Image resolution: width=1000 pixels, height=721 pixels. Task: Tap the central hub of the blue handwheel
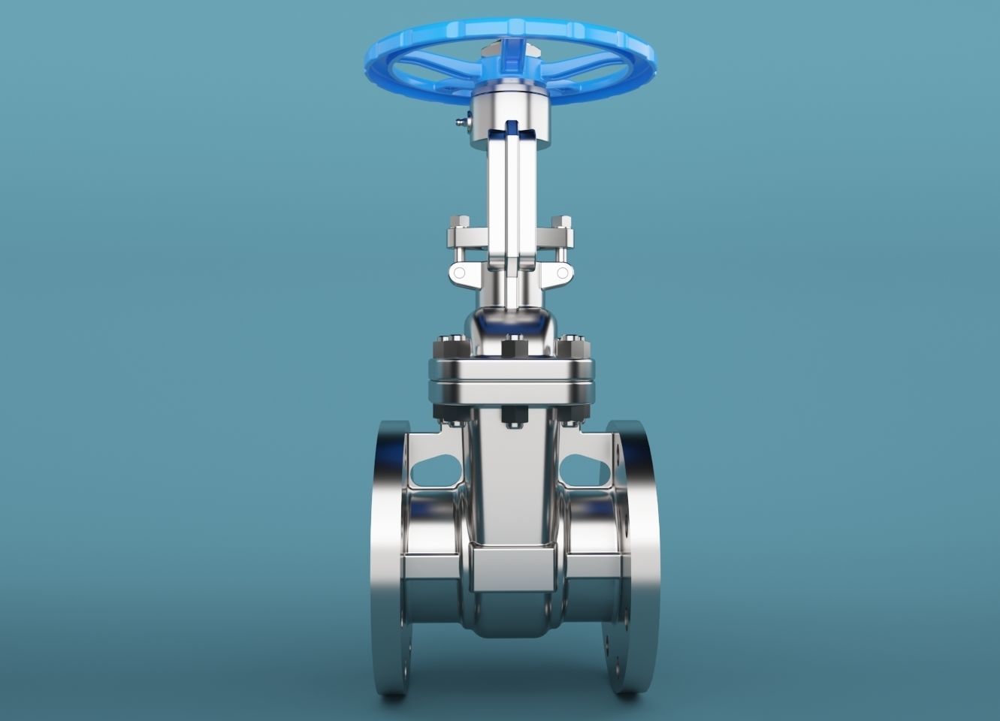511,51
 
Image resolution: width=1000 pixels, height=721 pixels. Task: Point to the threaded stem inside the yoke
512,210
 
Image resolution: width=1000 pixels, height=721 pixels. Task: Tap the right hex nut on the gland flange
561,222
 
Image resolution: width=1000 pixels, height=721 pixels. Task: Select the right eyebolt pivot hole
561,273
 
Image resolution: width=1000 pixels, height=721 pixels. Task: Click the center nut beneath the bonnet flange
512,418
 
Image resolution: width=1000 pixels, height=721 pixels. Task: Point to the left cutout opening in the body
434,469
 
